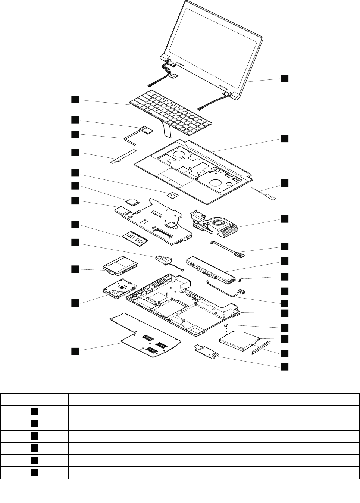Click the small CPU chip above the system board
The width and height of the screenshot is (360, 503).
point(172,194)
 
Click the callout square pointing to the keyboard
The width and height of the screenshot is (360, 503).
point(75,99)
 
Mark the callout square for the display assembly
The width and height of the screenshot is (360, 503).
point(285,78)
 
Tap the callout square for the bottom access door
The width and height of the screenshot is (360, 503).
point(75,351)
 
